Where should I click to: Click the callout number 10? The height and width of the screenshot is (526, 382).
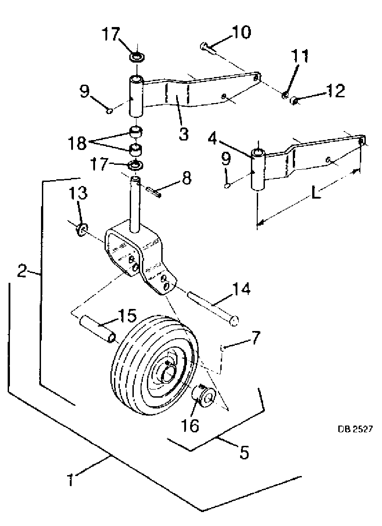[241, 32]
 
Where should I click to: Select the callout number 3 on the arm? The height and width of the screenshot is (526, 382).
[183, 133]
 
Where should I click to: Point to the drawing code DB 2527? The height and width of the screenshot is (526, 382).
[355, 429]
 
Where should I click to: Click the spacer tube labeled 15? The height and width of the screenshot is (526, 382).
[98, 330]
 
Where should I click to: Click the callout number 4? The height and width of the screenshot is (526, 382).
[213, 139]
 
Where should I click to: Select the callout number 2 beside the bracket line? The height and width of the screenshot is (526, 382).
[22, 270]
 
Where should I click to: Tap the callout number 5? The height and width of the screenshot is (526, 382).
[244, 452]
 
